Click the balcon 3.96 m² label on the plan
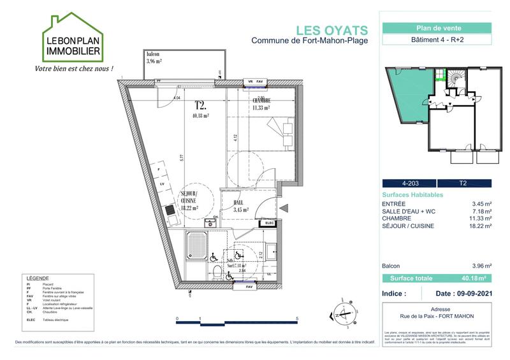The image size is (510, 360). (154, 58)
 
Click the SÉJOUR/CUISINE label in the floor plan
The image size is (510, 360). (189, 200)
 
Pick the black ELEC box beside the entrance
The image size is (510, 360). (269, 223)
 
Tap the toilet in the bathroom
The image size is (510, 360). (217, 273)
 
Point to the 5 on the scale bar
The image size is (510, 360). (298, 317)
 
